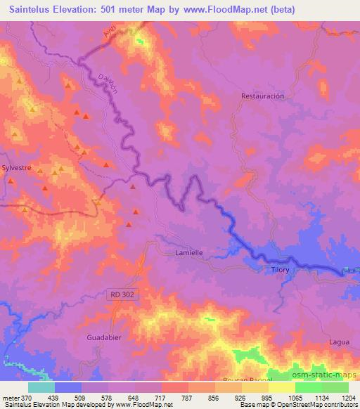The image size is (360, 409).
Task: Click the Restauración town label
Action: tap(262, 96)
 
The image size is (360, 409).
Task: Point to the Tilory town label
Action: tap(280, 269)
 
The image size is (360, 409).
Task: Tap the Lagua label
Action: tap(339, 342)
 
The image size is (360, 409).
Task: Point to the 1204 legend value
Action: tap(348, 398)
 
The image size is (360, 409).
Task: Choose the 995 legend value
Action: tap(268, 398)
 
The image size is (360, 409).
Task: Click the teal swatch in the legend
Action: tap(41, 387)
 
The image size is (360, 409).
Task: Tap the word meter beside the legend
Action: tap(11, 398)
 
